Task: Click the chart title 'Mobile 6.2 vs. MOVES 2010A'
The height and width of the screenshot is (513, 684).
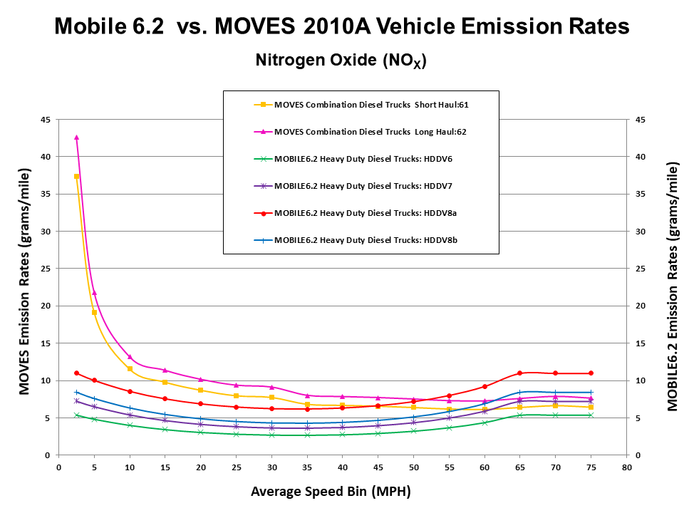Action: pyautogui.click(x=342, y=27)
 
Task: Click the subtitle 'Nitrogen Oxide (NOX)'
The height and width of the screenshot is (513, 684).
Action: pyautogui.click(x=341, y=61)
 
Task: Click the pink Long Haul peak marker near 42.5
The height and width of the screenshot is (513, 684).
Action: pyautogui.click(x=76, y=138)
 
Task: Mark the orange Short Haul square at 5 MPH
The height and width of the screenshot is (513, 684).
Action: pyautogui.click(x=94, y=313)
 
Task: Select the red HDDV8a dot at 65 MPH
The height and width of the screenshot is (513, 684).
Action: pyautogui.click(x=520, y=373)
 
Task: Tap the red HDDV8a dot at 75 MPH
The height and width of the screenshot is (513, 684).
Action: pyautogui.click(x=591, y=373)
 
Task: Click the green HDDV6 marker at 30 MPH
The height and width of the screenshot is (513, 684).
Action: pyautogui.click(x=271, y=435)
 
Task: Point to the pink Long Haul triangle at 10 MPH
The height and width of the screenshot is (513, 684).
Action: pyautogui.click(x=130, y=357)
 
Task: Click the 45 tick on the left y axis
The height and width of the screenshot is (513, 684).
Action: pyautogui.click(x=44, y=120)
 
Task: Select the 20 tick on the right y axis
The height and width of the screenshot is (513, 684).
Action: pyautogui.click(x=639, y=306)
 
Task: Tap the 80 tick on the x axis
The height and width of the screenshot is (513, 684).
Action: pyautogui.click(x=626, y=468)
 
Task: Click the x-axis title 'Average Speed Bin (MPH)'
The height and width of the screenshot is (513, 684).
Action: pyautogui.click(x=331, y=492)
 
